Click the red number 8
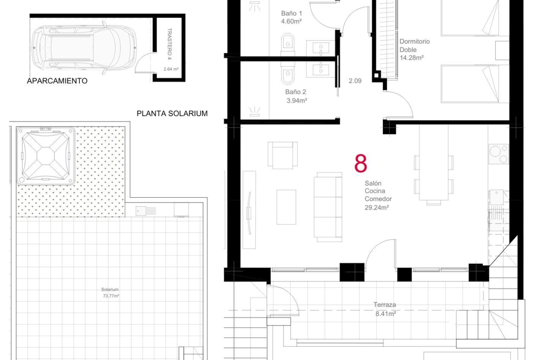coord(361,163)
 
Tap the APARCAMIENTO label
coord(57,81)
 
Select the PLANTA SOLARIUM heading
coord(172,113)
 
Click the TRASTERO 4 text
coord(169,44)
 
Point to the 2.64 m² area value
coord(171,69)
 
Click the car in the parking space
coord(84,48)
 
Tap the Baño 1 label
coord(291,13)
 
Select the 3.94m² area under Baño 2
coord(296,100)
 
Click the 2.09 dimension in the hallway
coord(355,81)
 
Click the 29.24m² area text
coord(377,207)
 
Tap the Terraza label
coord(385,305)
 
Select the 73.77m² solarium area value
coord(111,296)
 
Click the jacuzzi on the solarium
coord(45,156)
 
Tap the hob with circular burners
coord(498,154)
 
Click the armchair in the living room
coord(283,155)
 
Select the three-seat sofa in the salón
coord(328,207)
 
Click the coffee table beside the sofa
coord(286,207)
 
